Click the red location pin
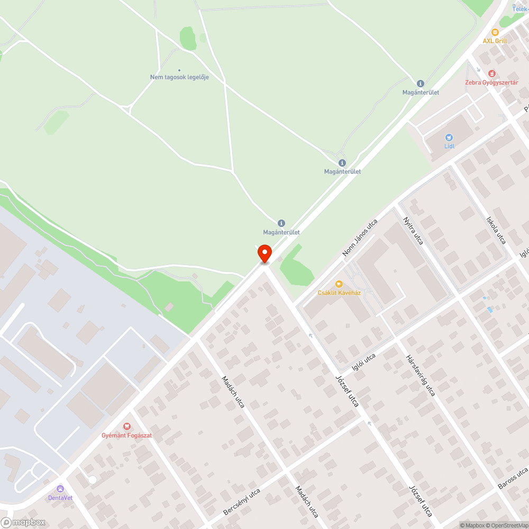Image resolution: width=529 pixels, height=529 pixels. point(264,254)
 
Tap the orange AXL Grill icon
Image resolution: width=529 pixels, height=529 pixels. point(495,32)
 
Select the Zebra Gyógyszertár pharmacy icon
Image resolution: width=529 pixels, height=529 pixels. point(492,73)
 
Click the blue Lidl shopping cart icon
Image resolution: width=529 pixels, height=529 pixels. point(449,137)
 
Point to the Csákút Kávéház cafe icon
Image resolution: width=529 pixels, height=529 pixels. point(339,284)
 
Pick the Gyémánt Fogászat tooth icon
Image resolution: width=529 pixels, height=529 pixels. point(126,426)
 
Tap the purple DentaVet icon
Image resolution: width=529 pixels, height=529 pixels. point(60,489)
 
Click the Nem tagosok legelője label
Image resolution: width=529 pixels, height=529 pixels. point(179,77)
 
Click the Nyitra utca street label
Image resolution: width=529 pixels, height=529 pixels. point(413,231)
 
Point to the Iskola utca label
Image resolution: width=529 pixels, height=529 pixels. point(496,230)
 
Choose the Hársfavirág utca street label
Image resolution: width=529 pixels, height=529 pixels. point(421,375)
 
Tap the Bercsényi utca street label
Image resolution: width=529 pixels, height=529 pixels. point(242,502)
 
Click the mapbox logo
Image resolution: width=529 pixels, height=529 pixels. point(23,522)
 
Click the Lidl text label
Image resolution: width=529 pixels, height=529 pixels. point(449,146)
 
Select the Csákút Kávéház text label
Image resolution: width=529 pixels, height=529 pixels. point(339,293)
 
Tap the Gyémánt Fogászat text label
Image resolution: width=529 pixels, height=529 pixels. point(126,435)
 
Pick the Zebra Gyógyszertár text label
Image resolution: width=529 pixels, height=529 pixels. point(491,82)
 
